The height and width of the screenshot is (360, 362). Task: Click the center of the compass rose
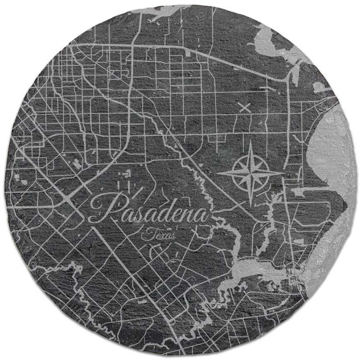pos(250,173)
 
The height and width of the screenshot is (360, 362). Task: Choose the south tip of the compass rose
pos(250,204)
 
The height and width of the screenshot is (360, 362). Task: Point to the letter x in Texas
pos(158,236)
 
